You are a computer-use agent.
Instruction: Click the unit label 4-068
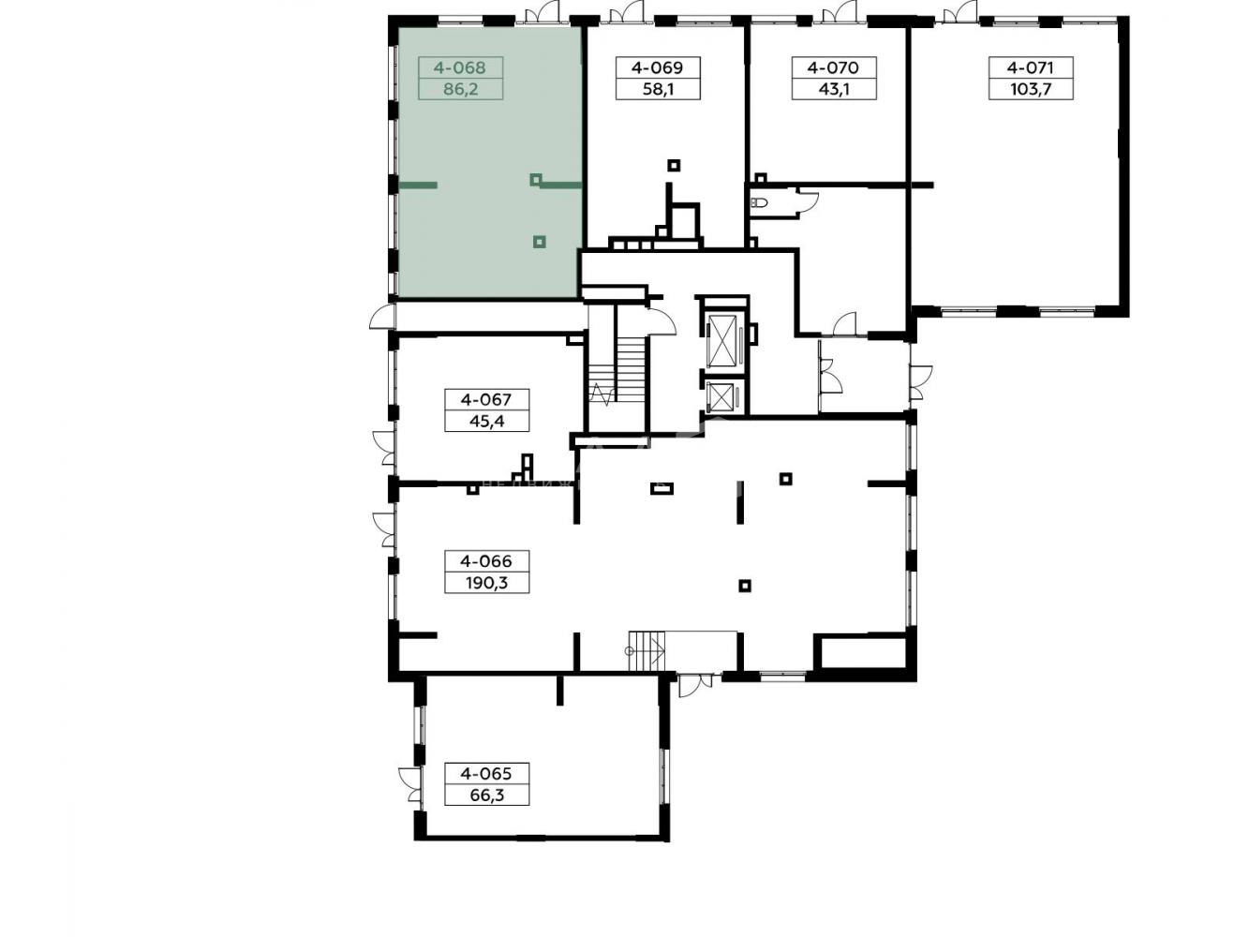pos(459,68)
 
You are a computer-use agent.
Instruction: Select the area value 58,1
pos(657,89)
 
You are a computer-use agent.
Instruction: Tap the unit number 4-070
pos(832,68)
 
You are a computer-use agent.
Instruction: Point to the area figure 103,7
pos(1031,89)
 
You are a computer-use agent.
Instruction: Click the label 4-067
pos(486,400)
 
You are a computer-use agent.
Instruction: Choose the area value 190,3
pos(486,583)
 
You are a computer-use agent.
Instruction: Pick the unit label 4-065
pos(486,774)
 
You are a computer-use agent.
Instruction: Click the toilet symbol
pos(759,202)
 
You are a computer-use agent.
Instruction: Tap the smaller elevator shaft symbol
pos(721,396)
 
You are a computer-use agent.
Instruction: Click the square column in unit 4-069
pos(675,166)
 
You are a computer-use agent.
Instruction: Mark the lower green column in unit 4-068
pos(540,242)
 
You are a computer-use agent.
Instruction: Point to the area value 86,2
pos(460,89)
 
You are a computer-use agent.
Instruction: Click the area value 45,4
pos(487,422)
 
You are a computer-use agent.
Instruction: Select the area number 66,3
pos(487,796)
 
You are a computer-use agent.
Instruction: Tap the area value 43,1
pos(834,89)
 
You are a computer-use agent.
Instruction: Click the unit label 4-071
pos(1031,68)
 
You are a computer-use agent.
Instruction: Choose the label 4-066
pos(486,561)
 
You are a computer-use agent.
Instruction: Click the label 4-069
pos(657,68)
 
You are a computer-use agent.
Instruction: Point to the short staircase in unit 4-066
pos(647,651)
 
